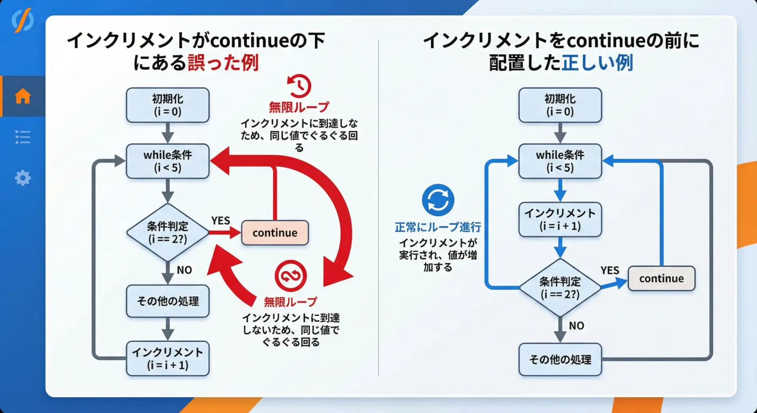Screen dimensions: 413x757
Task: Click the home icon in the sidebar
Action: (x=22, y=96)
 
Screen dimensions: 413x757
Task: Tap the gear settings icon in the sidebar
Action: (x=22, y=178)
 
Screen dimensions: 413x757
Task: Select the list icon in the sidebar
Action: (x=22, y=137)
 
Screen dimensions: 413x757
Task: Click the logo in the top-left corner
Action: (x=22, y=21)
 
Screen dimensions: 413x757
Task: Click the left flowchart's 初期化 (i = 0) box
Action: (x=168, y=105)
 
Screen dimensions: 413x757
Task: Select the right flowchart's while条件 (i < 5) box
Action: (x=560, y=161)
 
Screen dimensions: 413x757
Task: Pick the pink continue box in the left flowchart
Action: (x=275, y=233)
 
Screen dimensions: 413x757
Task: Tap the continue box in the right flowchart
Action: (x=661, y=278)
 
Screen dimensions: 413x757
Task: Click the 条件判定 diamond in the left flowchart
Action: (x=168, y=232)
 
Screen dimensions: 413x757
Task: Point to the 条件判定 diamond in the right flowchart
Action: (x=560, y=288)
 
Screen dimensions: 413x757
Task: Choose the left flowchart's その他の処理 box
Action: (x=168, y=301)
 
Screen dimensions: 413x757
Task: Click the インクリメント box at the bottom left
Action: (x=168, y=358)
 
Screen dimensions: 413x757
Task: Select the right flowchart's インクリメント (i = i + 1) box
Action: (x=560, y=219)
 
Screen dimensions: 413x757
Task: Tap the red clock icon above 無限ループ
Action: (x=299, y=86)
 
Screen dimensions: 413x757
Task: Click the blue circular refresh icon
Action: (x=438, y=200)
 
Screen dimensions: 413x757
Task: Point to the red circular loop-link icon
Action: (x=291, y=276)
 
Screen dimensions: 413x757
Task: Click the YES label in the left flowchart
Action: (x=220, y=221)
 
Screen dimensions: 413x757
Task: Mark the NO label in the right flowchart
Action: (x=576, y=325)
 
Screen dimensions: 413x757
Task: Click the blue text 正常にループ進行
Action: (x=438, y=227)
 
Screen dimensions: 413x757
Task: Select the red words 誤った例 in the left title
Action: (x=223, y=63)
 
